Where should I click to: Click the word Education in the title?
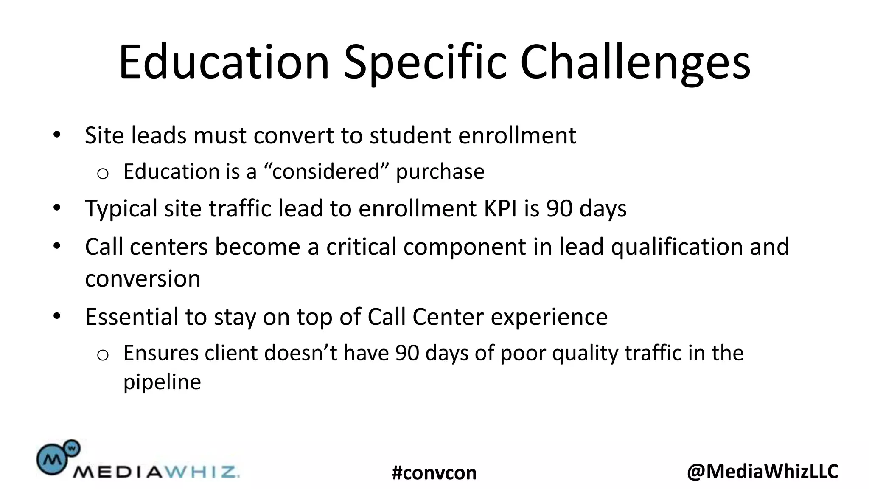(x=224, y=62)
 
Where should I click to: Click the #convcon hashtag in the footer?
(x=434, y=472)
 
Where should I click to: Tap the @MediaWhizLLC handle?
(x=762, y=471)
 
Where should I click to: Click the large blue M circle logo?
(x=52, y=459)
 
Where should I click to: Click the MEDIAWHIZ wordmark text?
(x=156, y=472)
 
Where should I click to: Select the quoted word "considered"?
(x=326, y=171)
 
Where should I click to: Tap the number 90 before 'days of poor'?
(x=407, y=353)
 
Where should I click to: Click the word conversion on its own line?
(x=143, y=279)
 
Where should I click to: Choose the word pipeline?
(x=162, y=382)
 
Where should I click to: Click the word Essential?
(x=132, y=317)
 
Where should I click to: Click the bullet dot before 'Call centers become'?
(x=57, y=246)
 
